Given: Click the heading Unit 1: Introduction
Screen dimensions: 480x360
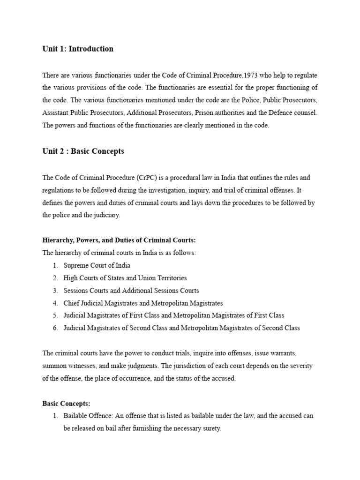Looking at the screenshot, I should (78, 49).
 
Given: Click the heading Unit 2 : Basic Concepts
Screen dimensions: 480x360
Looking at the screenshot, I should (83, 151).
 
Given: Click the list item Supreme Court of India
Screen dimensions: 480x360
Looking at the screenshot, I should (97, 265).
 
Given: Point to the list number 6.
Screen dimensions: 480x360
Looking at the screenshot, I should (55, 328).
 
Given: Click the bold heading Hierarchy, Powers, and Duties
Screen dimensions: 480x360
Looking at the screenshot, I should (119, 240).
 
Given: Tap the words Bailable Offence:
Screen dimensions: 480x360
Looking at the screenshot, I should (86, 416).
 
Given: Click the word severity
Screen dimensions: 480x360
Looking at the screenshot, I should (301, 366).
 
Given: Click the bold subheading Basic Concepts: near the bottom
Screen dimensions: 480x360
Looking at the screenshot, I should (66, 403).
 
